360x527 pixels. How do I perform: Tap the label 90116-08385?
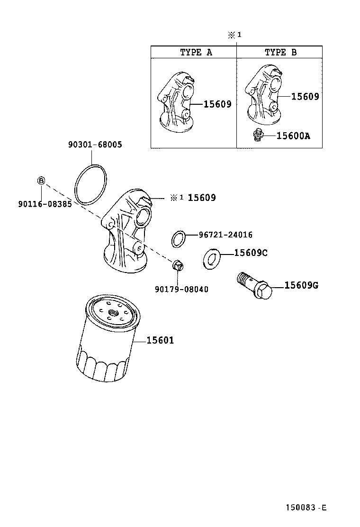(x=41, y=204)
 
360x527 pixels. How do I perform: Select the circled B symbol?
(x=41, y=181)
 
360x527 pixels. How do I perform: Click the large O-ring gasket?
(x=91, y=185)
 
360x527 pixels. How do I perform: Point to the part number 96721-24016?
(x=225, y=235)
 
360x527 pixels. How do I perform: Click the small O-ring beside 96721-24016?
(x=178, y=239)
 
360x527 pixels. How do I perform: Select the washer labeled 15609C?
(x=211, y=258)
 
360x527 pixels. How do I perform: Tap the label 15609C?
(x=251, y=253)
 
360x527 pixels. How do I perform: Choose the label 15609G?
(x=301, y=285)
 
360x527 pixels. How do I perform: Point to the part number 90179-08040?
(x=181, y=289)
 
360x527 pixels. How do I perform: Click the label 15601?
(x=160, y=340)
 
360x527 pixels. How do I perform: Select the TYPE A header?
(x=196, y=52)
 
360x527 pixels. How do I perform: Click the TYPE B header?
(x=280, y=52)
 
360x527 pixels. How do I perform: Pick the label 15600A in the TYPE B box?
(x=293, y=136)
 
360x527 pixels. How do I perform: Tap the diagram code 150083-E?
(x=306, y=508)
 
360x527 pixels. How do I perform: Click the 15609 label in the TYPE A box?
(x=217, y=104)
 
